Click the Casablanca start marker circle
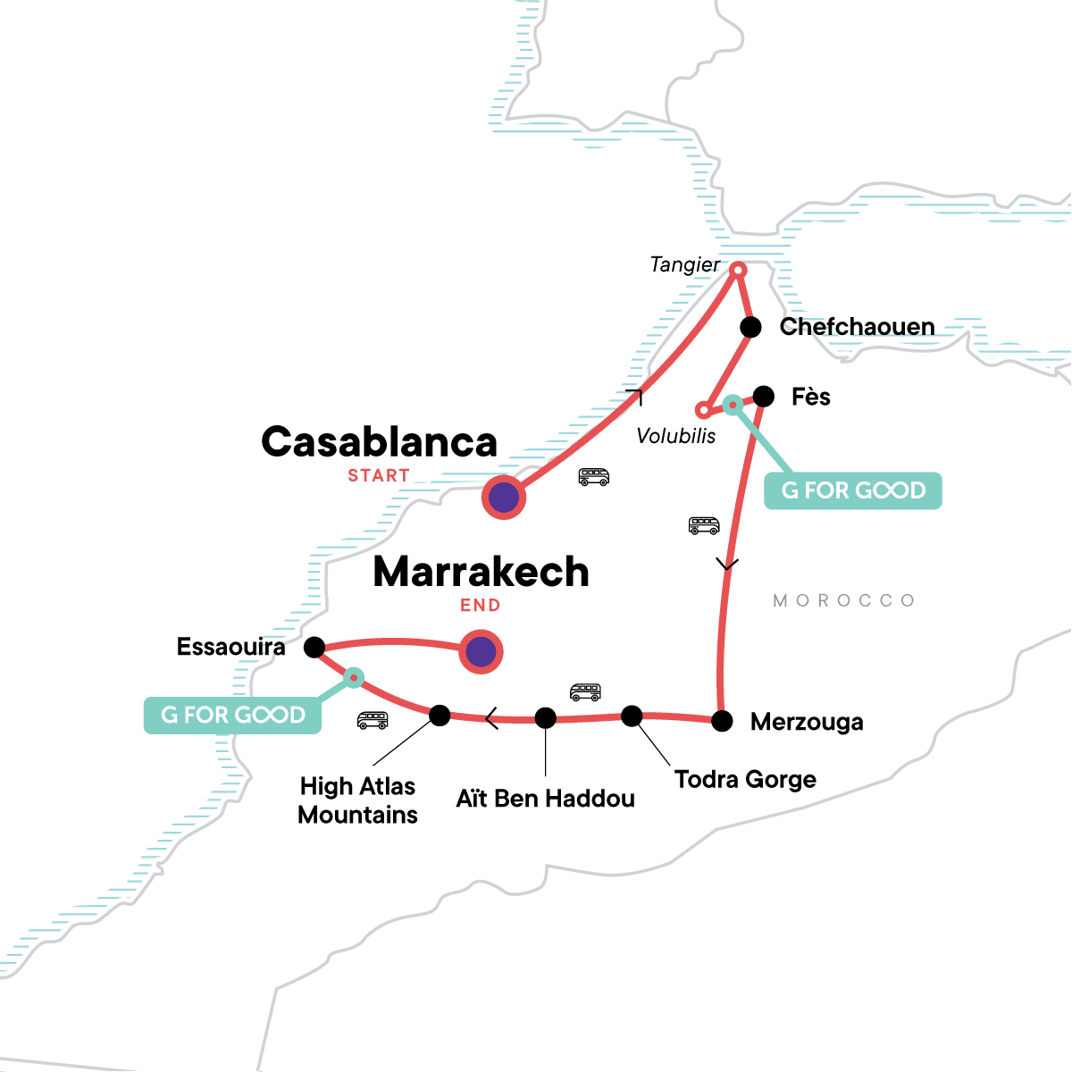tap(504, 498)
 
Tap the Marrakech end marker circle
tap(481, 652)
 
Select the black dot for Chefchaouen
tap(751, 327)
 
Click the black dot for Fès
tap(764, 396)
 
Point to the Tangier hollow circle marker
tap(739, 269)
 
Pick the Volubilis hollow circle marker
tap(704, 410)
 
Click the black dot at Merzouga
tap(722, 720)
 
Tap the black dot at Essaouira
tap(314, 647)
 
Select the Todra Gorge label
tap(745, 779)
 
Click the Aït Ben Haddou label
tap(545, 799)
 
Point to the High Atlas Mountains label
tap(358, 800)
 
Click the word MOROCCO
tap(844, 600)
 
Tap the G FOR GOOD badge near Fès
tap(853, 490)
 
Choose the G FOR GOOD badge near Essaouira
tap(232, 715)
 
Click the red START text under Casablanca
tap(379, 476)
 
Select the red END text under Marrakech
tap(480, 606)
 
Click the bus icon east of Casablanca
tap(593, 477)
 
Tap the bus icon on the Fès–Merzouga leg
tap(704, 525)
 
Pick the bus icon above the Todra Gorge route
tap(585, 691)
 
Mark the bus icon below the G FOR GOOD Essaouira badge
tap(373, 719)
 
